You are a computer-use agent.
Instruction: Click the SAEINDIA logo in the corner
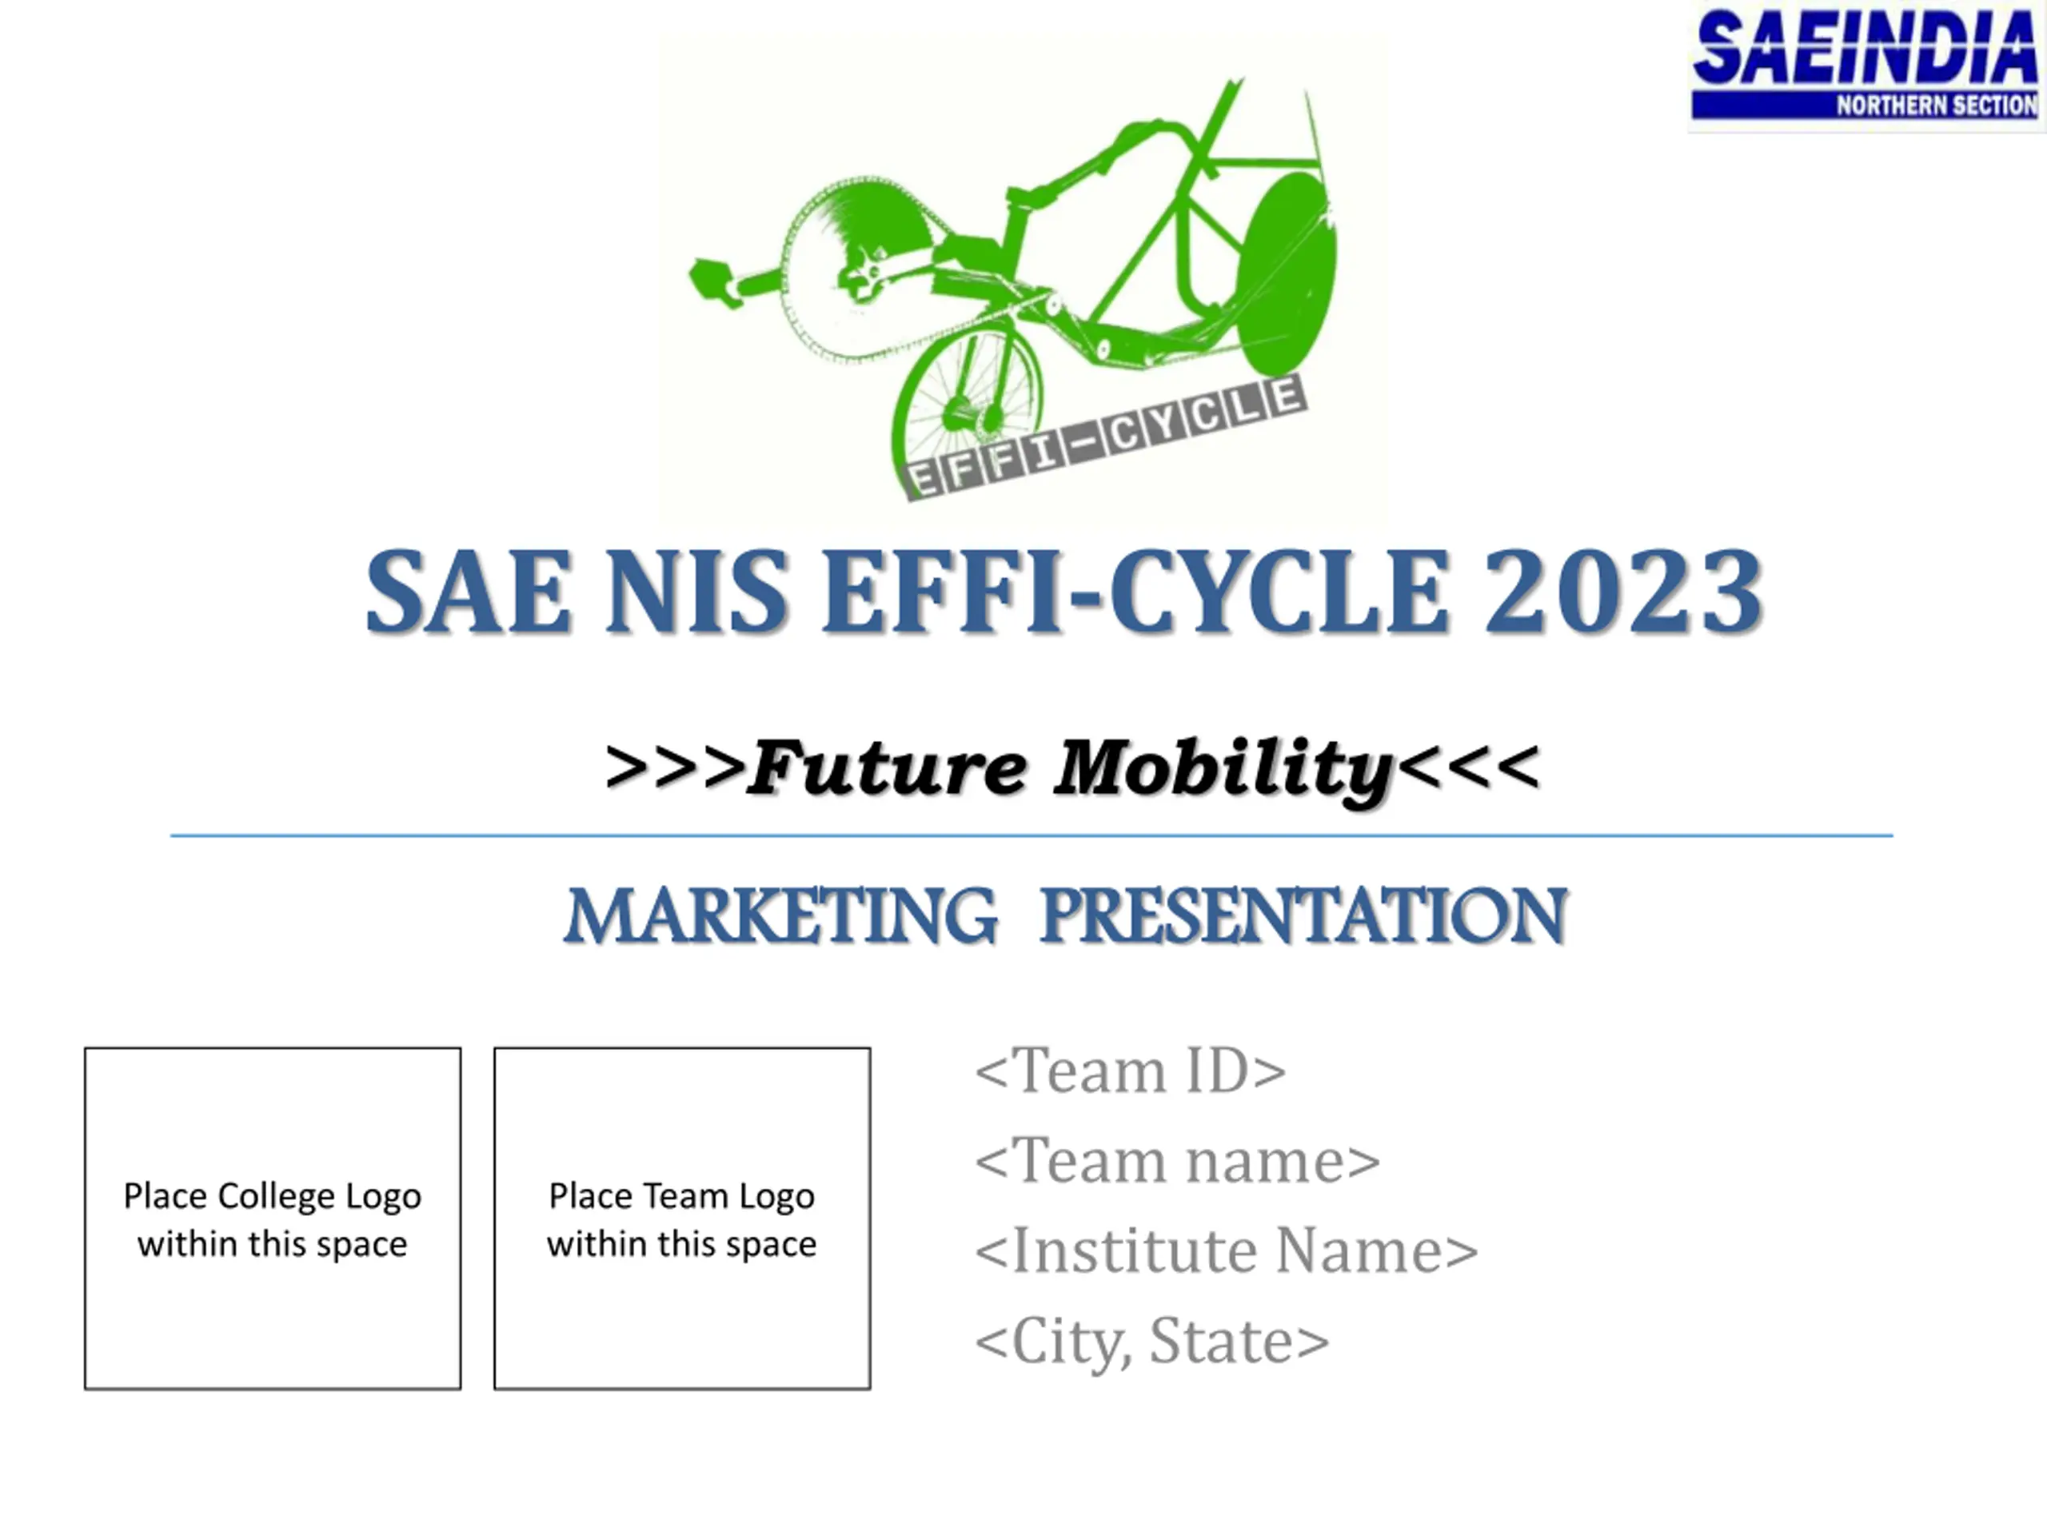click(1865, 66)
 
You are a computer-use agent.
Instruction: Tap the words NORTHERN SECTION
click(1937, 106)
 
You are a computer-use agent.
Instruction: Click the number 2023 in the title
click(1623, 592)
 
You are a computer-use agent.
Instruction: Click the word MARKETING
click(781, 916)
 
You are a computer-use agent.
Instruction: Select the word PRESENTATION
click(1304, 916)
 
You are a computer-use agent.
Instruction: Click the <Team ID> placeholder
click(1131, 1071)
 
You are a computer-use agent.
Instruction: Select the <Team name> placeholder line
click(1177, 1160)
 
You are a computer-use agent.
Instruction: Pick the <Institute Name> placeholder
click(1226, 1250)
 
